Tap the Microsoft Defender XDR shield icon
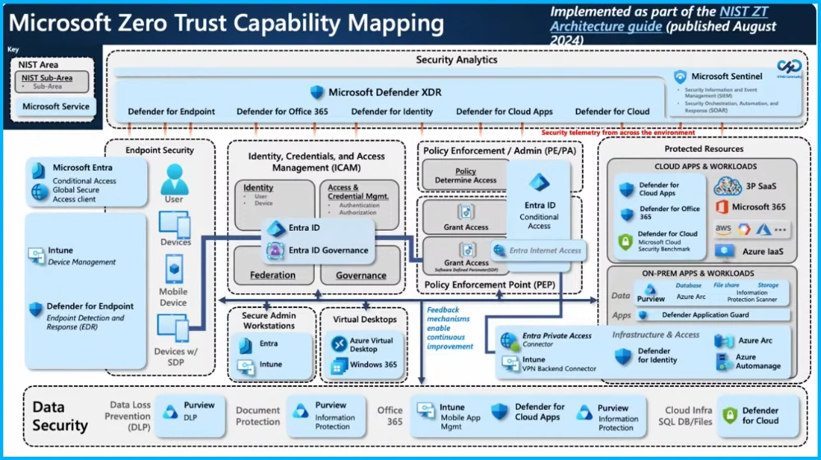tap(317, 92)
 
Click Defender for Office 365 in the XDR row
tap(282, 112)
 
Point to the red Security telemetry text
tap(617, 132)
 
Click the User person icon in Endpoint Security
tap(173, 178)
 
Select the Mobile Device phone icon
tap(173, 269)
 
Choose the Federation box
tap(273, 275)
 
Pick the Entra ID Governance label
tap(328, 251)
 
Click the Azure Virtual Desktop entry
tap(371, 344)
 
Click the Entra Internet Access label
tap(545, 251)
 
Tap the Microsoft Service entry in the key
tap(56, 107)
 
